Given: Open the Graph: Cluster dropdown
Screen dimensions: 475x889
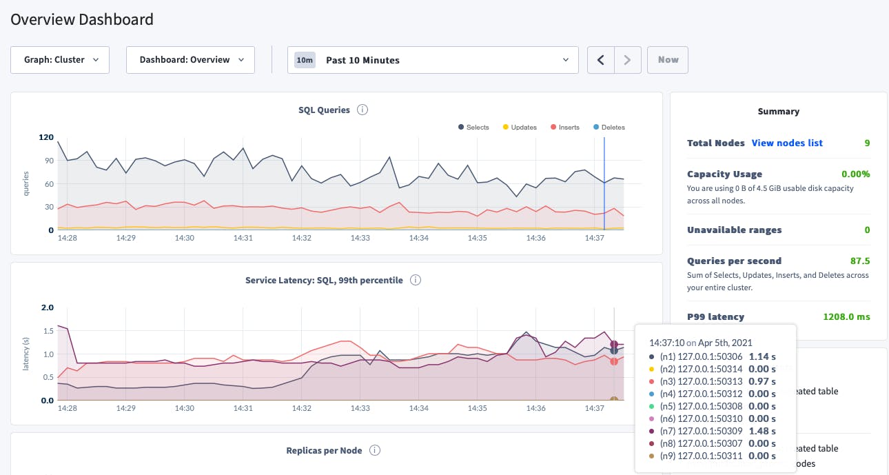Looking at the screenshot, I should coord(60,60).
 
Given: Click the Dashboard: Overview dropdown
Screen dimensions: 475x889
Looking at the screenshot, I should coord(190,60).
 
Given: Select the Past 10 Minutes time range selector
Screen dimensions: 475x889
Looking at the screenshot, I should coord(432,60).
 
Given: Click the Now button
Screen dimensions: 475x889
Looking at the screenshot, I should coord(667,60).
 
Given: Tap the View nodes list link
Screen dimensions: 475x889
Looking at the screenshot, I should coord(786,143).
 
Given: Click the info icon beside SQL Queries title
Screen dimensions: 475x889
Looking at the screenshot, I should coord(362,110).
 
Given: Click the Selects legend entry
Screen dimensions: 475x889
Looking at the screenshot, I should coord(473,128).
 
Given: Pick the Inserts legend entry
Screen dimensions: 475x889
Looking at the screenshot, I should coord(564,128).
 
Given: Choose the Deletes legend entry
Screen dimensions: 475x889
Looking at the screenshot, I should coord(609,128).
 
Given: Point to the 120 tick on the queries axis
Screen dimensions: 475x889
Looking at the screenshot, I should coord(46,137).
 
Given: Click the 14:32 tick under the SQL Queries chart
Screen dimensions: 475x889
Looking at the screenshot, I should coord(301,238).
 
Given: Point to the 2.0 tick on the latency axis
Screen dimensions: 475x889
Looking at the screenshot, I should coord(46,307).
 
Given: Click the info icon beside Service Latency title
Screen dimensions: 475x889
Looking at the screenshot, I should coord(416,281).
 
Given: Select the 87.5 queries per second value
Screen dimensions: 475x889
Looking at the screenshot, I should coord(859,261).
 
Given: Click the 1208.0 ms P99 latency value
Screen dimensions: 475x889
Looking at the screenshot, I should coord(846,317).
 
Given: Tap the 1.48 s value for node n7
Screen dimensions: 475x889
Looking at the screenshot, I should coord(762,431).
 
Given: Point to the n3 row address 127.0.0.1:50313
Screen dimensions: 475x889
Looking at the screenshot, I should coord(710,381).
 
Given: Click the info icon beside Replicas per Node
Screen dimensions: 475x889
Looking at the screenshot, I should coord(375,450).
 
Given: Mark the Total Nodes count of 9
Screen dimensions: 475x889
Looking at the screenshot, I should coord(867,143).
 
